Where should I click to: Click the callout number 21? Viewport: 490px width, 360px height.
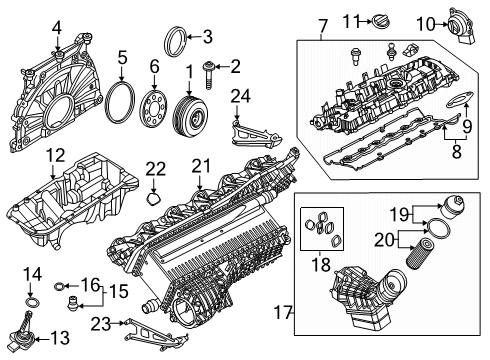point(201,166)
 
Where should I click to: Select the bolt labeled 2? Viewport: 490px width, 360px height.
point(208,75)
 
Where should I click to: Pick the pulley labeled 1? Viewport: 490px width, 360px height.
point(189,113)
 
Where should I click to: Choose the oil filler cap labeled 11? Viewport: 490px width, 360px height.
point(381,20)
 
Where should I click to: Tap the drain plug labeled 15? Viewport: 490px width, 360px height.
point(72,303)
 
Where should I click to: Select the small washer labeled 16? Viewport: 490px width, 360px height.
point(59,286)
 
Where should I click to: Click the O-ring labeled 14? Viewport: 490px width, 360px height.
point(32,303)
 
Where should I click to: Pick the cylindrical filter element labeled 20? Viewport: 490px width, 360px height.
point(416,252)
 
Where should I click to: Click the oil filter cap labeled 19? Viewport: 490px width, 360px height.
point(451,207)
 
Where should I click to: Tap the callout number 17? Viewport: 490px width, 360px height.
point(283,312)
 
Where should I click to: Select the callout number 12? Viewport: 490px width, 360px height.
point(56,156)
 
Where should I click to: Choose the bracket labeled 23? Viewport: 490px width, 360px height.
point(153,332)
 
